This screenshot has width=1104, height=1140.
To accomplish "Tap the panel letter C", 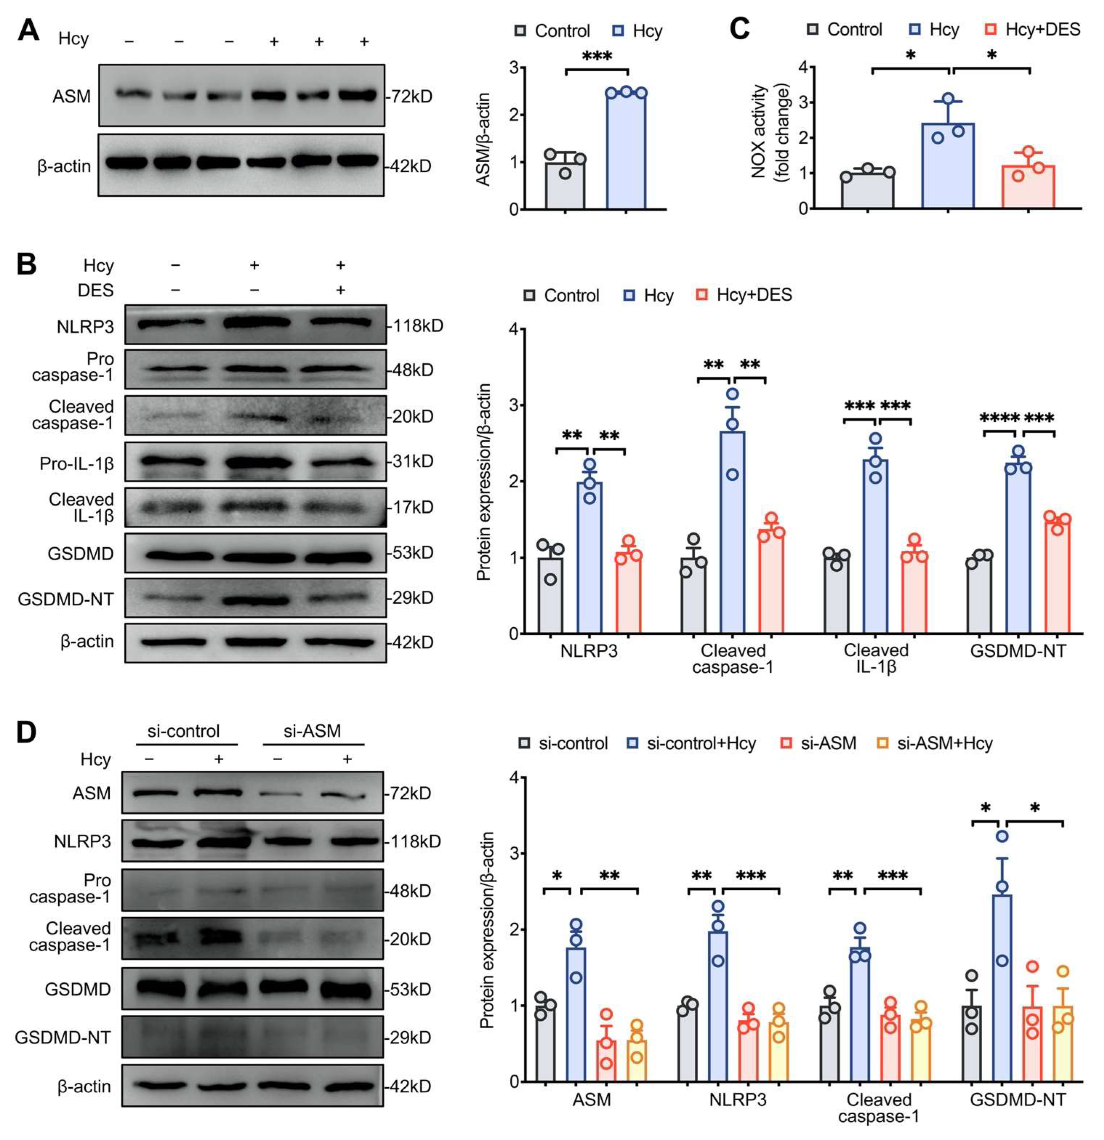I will [739, 29].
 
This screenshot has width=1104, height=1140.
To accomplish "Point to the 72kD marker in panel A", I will [411, 97].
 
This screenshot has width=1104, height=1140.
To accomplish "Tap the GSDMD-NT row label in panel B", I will [66, 599].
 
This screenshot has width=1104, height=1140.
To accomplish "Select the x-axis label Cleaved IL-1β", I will [876, 658].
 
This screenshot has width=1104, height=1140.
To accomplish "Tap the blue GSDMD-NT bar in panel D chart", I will [1002, 989].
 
